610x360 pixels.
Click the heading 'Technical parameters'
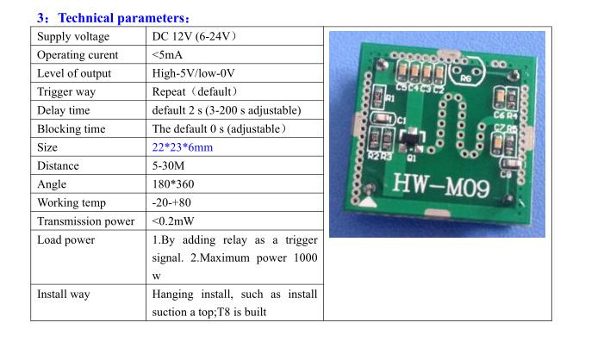121,18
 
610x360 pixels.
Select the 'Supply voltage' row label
73,36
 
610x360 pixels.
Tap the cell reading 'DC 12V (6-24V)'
194,36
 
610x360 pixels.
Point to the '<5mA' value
167,55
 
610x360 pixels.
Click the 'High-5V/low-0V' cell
193,73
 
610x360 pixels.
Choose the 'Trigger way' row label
66,92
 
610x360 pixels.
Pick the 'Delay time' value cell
227,110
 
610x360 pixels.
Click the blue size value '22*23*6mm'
183,147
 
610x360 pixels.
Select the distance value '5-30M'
168,166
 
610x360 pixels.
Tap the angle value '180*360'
173,184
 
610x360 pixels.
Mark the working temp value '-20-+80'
171,202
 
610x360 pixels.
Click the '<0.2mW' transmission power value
173,221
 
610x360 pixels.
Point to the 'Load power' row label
66,240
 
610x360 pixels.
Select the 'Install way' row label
64,295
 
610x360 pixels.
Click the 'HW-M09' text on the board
441,185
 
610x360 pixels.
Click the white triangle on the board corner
367,202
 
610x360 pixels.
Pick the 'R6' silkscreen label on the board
465,78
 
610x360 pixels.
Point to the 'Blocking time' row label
72,129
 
